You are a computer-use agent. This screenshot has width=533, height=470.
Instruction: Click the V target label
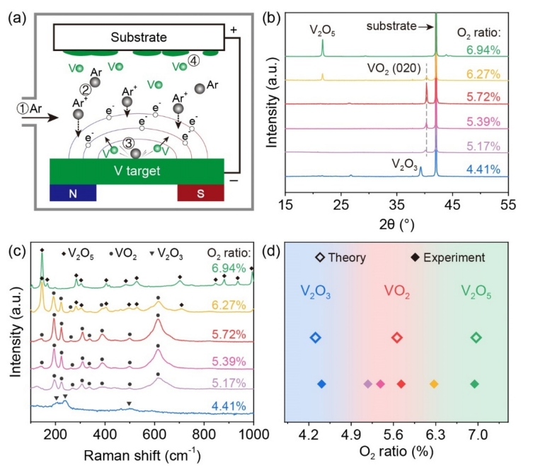(137, 171)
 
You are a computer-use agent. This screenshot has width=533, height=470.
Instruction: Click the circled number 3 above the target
(128, 142)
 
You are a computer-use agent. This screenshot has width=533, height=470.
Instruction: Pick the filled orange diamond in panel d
(434, 384)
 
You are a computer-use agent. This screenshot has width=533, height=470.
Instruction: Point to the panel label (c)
(13, 251)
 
